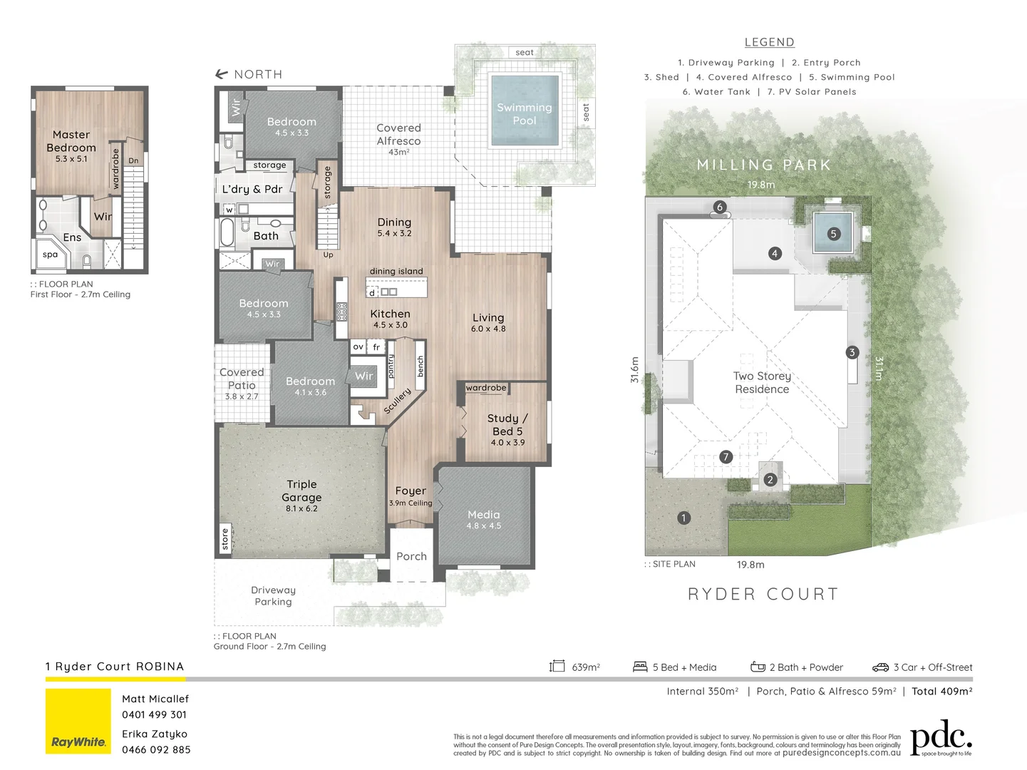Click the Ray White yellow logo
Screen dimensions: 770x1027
pos(78,721)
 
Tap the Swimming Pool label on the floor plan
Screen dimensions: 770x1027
pos(524,114)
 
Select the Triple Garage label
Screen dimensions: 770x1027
pos(301,491)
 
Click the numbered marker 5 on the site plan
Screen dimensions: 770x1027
pos(833,234)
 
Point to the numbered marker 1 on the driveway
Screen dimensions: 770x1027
pos(683,518)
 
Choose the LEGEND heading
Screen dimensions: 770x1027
pos(769,43)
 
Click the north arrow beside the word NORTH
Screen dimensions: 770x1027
pos(222,74)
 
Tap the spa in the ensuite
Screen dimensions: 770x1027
pos(50,255)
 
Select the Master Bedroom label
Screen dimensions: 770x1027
pos(71,141)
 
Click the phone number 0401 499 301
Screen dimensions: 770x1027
pos(154,714)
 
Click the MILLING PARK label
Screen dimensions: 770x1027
pos(763,165)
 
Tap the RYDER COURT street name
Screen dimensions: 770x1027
pos(763,594)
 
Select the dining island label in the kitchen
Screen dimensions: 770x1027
pos(396,271)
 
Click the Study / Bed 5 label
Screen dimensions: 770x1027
pos(507,425)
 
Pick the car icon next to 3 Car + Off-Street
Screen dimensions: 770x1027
pos(880,667)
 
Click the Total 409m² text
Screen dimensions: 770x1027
pos(941,691)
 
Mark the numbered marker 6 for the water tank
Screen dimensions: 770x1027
pos(719,207)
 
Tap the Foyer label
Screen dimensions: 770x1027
pos(411,491)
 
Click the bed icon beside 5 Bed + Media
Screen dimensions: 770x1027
pos(640,667)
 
